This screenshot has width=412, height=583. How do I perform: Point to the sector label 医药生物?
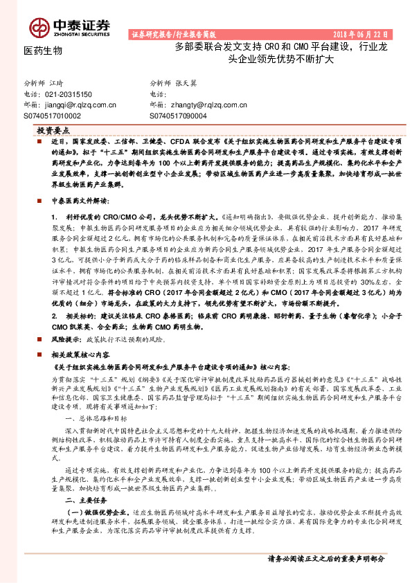coord(43,51)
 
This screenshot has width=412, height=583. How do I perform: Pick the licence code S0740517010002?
coord(53,116)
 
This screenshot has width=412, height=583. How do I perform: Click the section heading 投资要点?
coord(53,129)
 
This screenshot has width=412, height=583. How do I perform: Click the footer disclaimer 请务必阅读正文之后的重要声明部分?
coord(325,558)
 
